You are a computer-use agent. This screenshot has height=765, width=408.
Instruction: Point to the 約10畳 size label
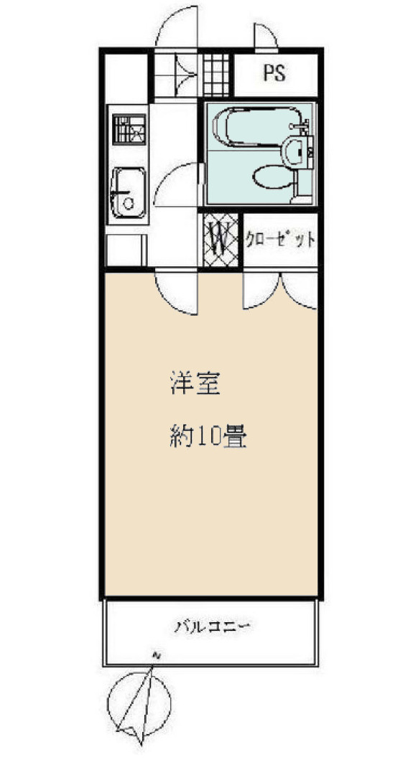tap(209, 435)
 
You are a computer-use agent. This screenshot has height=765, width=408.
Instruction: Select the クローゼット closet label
tap(280, 239)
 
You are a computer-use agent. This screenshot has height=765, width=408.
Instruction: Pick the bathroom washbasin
tap(295, 150)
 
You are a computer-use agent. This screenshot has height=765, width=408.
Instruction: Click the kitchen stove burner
tap(129, 129)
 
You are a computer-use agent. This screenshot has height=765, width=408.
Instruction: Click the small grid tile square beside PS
tap(215, 74)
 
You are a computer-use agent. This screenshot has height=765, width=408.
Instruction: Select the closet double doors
tap(280, 291)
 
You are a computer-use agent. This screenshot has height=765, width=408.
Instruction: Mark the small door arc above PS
tap(264, 37)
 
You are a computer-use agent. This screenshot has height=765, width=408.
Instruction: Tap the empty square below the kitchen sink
tap(126, 250)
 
